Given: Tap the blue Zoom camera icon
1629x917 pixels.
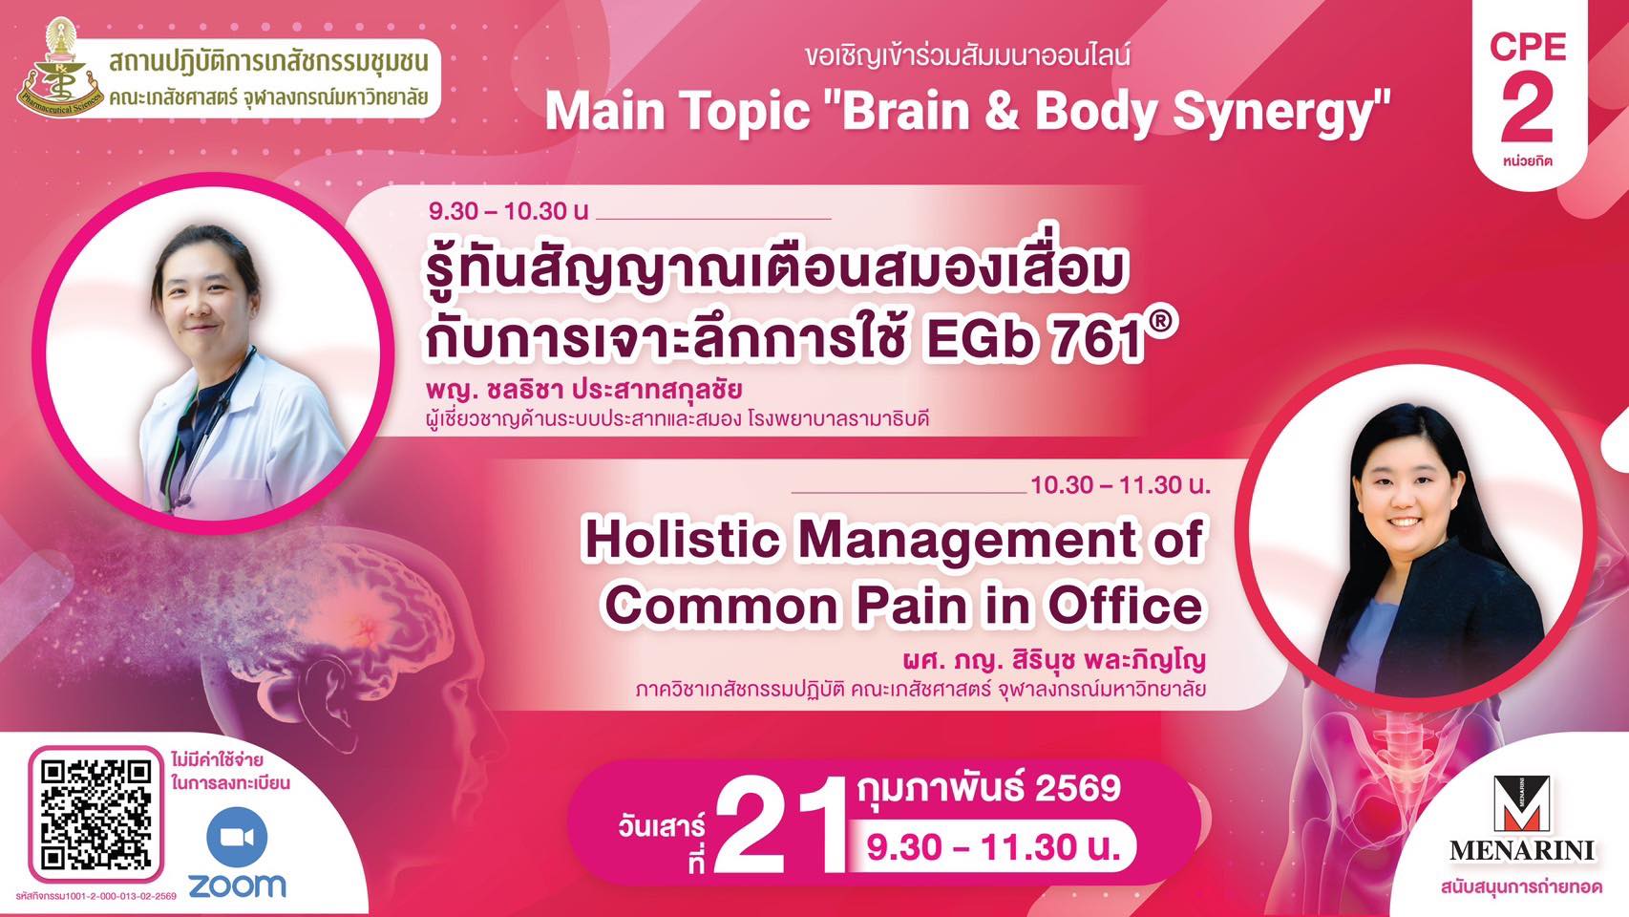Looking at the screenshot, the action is (237, 837).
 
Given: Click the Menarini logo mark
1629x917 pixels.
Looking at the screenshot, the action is (1521, 803).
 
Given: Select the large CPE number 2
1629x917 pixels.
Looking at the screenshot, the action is (1527, 112).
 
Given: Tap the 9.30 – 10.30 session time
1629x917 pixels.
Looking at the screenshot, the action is (508, 212).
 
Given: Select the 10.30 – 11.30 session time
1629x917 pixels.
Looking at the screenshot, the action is (1120, 485).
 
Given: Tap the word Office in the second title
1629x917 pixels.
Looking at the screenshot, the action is (1125, 606).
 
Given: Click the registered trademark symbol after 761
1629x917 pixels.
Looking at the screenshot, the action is (1162, 325).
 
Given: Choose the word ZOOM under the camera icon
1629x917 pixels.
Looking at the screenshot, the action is (237, 885).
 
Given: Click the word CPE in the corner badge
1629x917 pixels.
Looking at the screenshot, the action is (1527, 48).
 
